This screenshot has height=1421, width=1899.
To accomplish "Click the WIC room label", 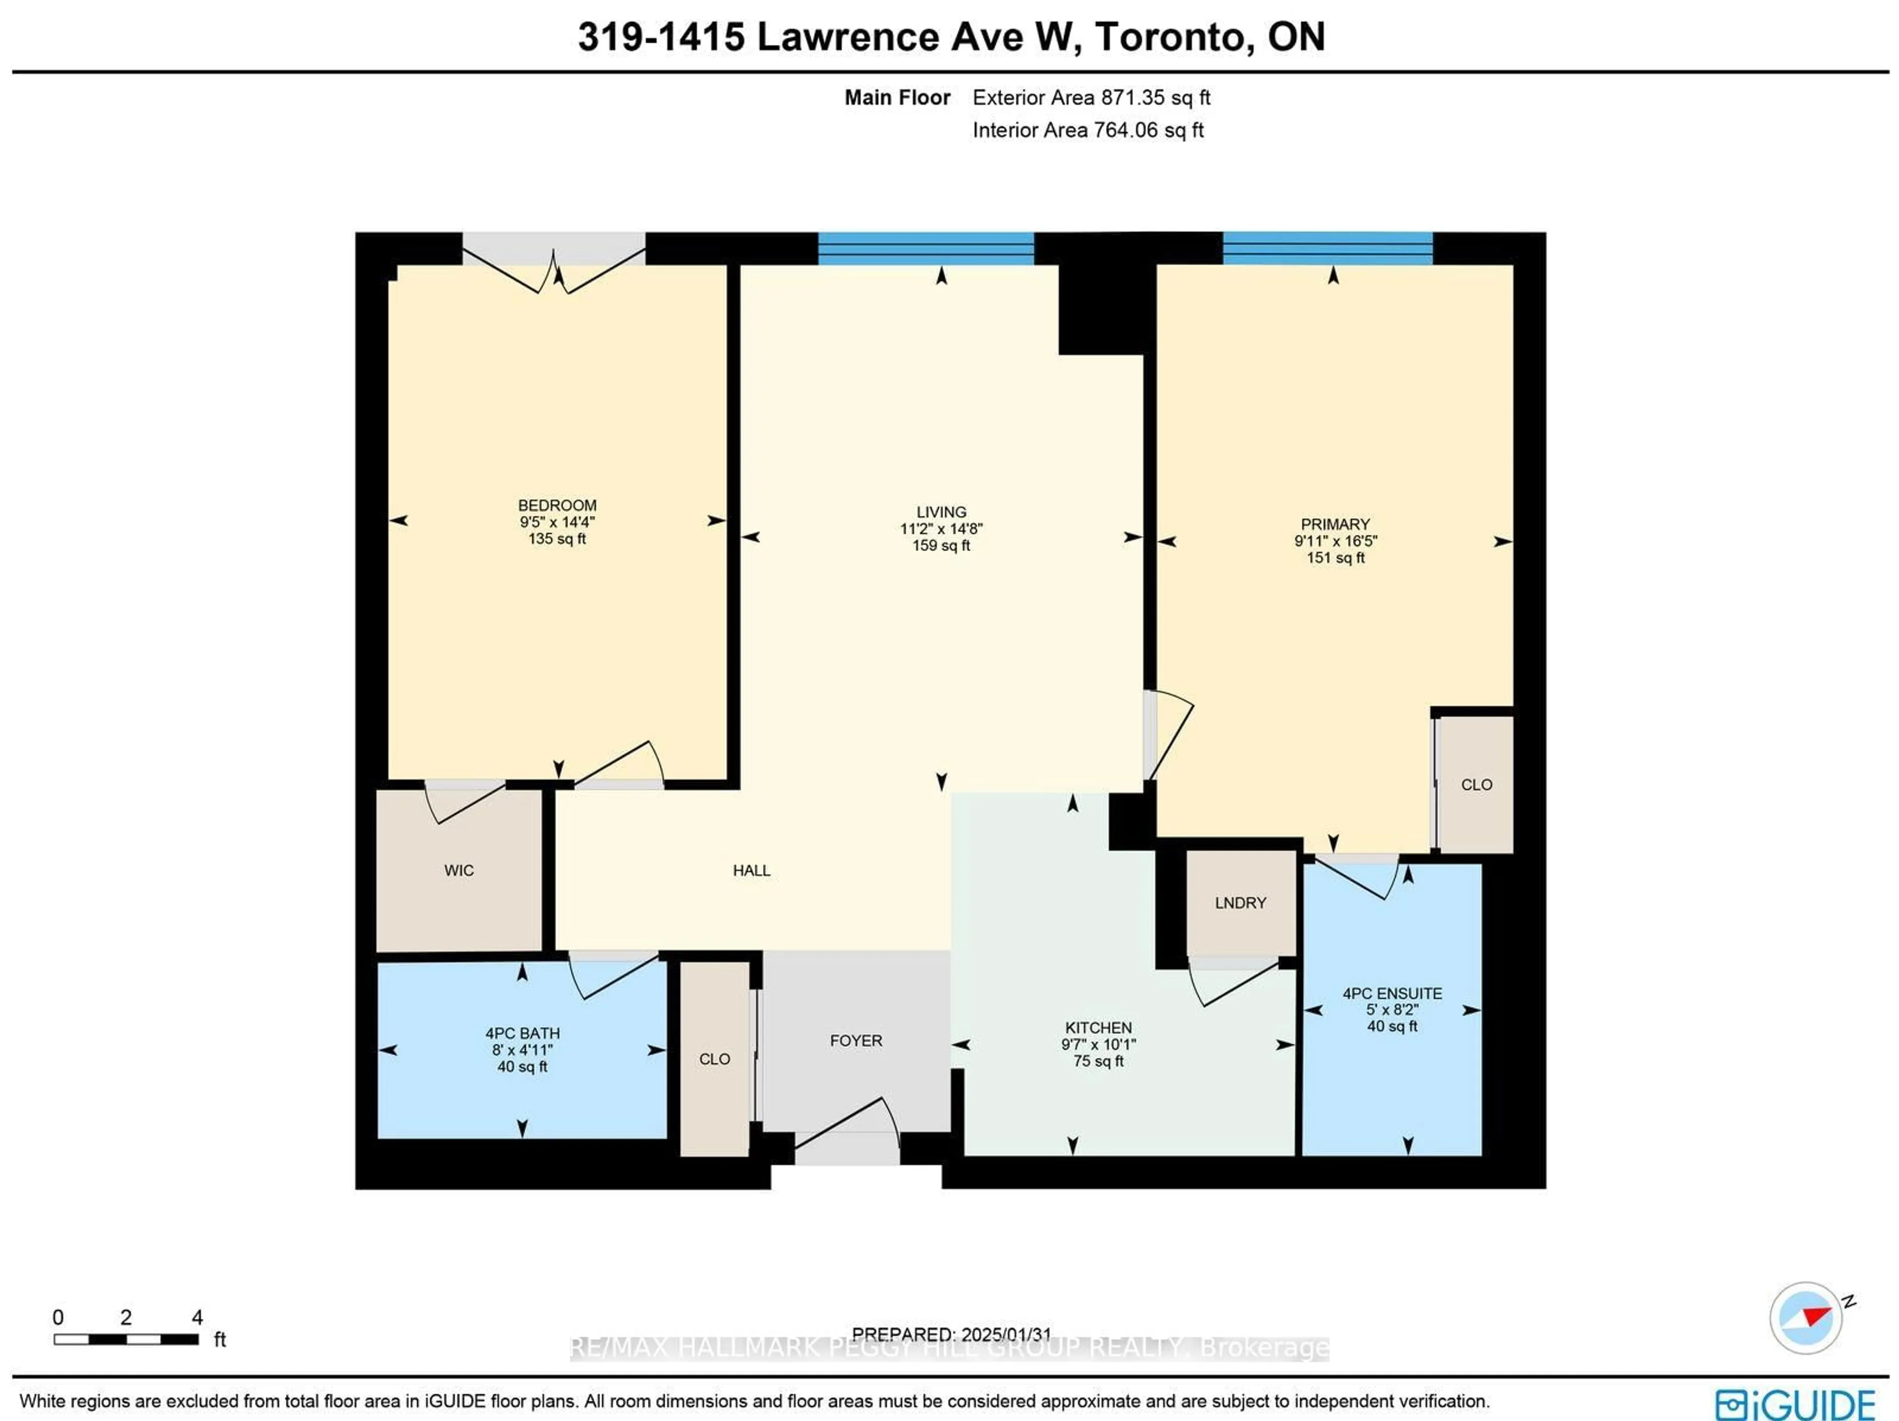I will [x=458, y=870].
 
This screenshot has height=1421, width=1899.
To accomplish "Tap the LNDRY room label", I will [x=1240, y=903].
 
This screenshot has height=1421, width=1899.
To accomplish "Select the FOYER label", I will [x=855, y=1040].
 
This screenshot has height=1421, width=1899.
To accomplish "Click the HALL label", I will [x=751, y=870].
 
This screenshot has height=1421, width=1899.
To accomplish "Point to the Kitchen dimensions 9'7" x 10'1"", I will [x=1097, y=1044].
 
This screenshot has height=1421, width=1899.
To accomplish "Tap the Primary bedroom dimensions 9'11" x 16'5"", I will [x=1335, y=541].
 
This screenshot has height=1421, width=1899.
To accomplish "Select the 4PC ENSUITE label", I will [x=1392, y=993].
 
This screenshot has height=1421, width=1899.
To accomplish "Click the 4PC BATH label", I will [x=522, y=1033].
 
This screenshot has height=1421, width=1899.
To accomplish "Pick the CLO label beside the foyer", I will [x=714, y=1059].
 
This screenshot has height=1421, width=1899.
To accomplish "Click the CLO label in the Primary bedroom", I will [x=1476, y=784].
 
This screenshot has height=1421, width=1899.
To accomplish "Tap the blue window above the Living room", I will [x=925, y=248].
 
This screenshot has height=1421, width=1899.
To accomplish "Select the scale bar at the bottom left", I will [x=126, y=1338].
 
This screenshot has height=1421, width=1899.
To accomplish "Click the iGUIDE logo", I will [x=1794, y=1404].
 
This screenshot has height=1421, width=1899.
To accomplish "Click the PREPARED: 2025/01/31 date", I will [x=950, y=1335].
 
